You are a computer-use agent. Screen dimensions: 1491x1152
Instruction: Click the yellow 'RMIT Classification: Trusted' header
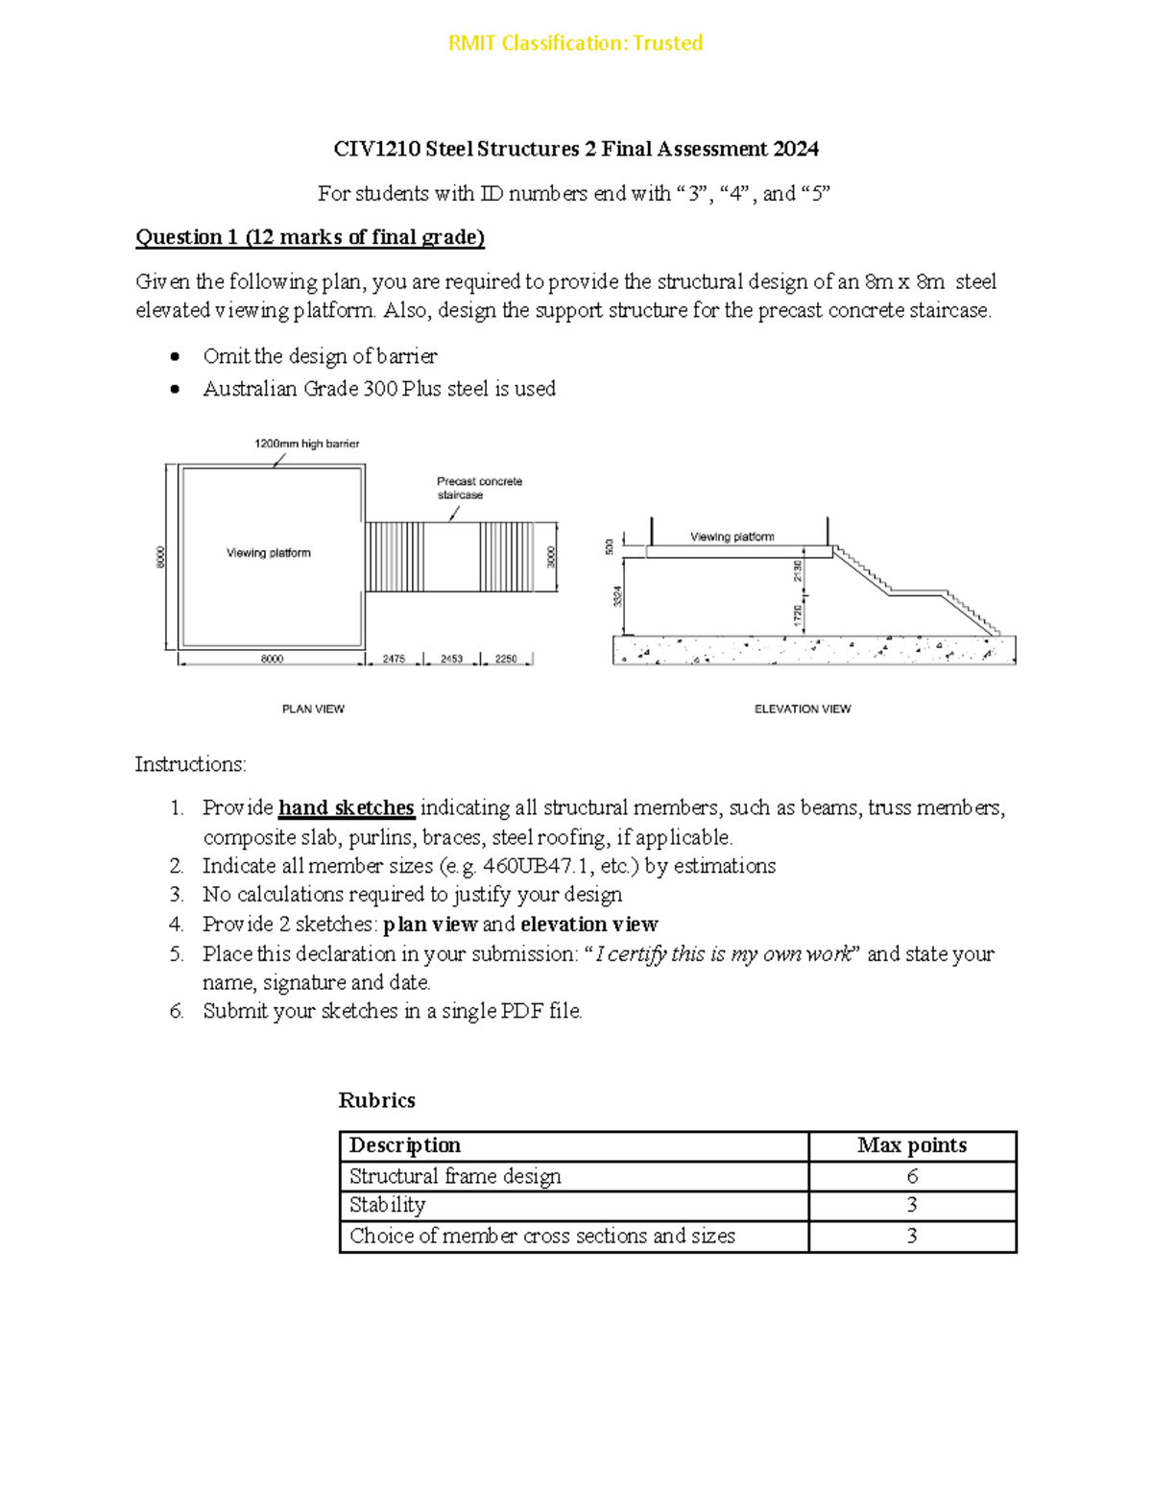point(575,43)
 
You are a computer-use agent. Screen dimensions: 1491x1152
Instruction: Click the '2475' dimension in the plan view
point(394,660)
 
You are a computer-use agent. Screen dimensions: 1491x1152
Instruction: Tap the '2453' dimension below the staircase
point(451,660)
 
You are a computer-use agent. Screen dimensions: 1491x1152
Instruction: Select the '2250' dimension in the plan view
point(506,660)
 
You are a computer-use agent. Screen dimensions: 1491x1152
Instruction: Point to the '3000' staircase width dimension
point(551,557)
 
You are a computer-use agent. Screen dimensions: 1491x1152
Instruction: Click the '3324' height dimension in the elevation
point(618,595)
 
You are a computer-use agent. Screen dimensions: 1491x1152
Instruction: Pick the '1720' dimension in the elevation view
point(797,615)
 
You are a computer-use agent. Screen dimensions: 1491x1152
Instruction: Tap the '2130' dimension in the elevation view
point(797,571)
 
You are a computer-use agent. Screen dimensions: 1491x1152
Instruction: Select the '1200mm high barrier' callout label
point(306,444)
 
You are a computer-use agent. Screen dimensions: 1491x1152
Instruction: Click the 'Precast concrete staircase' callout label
point(479,488)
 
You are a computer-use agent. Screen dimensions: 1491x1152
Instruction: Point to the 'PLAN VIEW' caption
point(313,709)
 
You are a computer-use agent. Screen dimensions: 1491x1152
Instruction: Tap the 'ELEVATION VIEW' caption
point(803,709)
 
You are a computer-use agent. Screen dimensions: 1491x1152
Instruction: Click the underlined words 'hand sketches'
point(347,807)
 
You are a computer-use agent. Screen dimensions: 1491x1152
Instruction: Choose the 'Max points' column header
point(911,1145)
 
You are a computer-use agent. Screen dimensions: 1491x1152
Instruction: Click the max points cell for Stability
point(911,1205)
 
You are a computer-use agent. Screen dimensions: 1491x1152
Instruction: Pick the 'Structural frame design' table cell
point(455,1176)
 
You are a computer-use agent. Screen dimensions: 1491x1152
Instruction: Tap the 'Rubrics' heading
point(376,1100)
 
